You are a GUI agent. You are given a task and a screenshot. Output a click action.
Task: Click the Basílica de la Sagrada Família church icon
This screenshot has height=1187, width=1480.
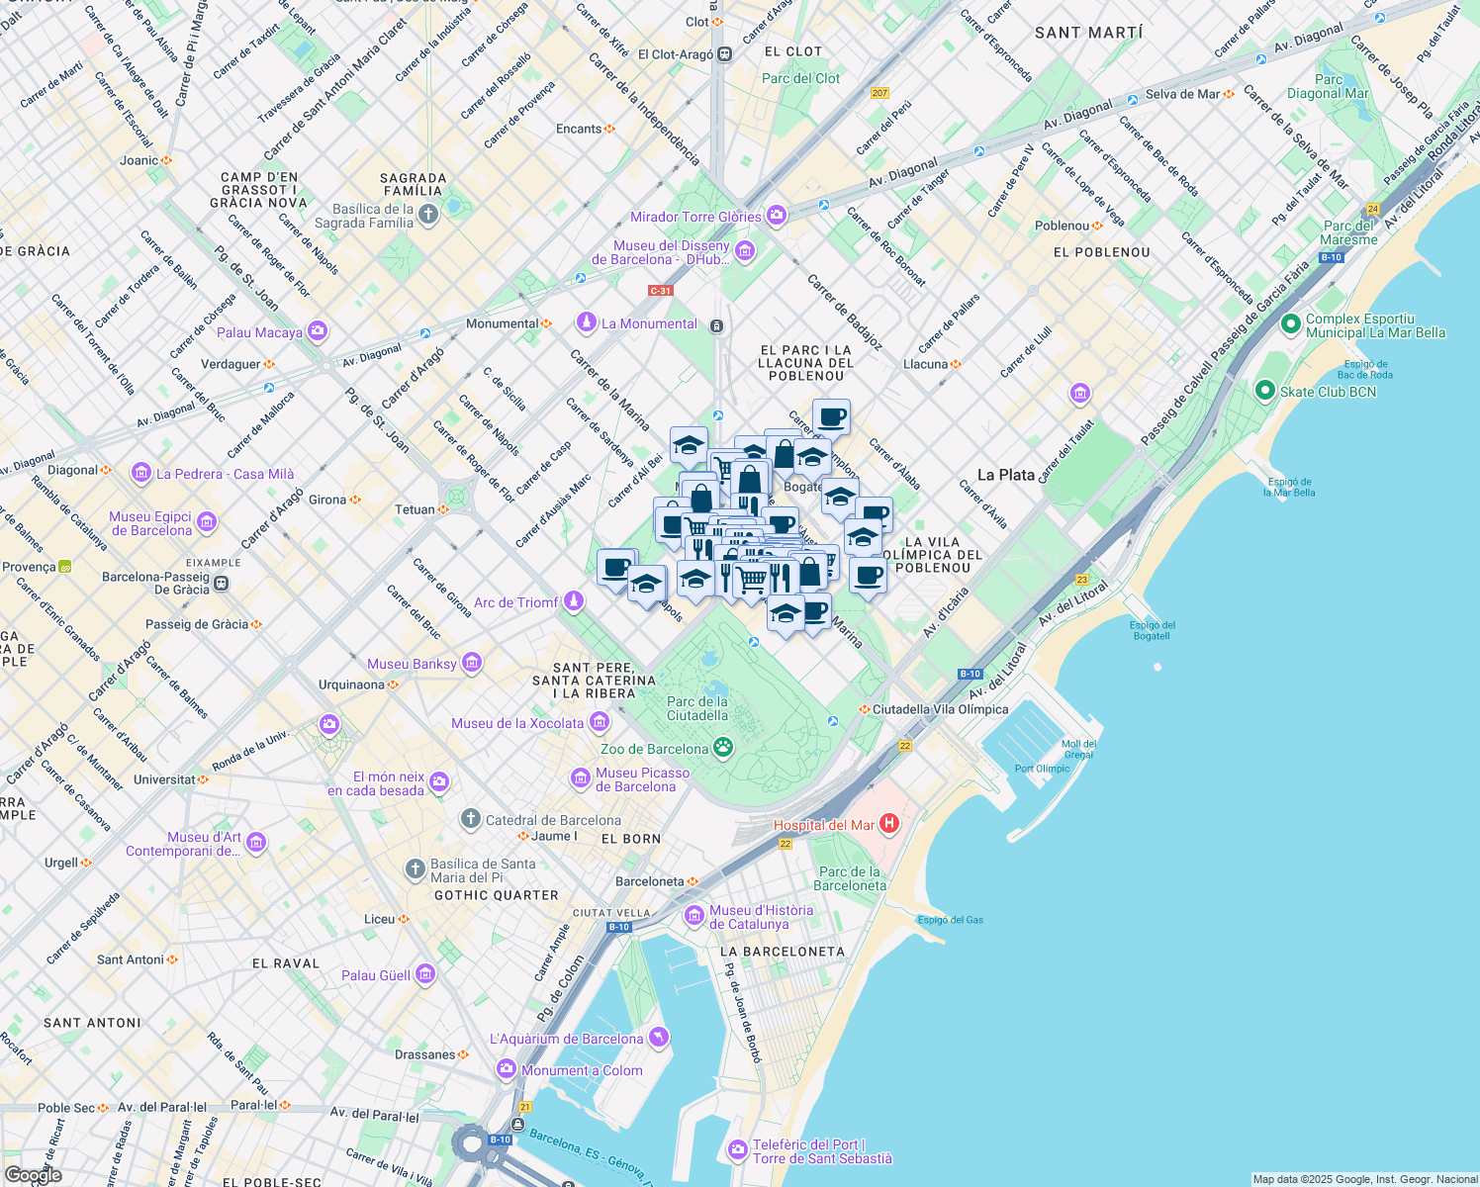pos(427,215)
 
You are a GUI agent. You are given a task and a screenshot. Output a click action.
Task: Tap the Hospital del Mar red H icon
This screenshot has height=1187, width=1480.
pos(888,823)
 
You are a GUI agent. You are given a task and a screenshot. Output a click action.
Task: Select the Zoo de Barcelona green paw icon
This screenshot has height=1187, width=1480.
pos(723,748)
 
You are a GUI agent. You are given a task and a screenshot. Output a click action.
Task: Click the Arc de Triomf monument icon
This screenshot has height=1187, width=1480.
pos(574,601)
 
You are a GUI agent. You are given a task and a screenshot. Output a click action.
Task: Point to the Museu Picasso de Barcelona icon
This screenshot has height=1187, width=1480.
pos(581,779)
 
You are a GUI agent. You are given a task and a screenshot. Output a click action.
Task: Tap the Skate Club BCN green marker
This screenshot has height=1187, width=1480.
pos(1264,391)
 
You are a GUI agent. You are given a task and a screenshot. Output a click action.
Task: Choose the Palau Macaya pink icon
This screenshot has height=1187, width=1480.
pos(318,331)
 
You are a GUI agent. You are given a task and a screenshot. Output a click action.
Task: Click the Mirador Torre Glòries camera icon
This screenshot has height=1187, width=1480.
pos(777,216)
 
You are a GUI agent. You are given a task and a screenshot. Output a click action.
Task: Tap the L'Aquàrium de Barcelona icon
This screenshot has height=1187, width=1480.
pos(659,1038)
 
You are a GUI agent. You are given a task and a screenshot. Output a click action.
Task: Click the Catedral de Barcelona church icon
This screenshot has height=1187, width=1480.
pos(471,819)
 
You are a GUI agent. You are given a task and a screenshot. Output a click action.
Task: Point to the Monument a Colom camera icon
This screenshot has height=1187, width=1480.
pos(507,1069)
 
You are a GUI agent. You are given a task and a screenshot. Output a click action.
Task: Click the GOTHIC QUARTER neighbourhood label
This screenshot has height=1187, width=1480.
pos(497,895)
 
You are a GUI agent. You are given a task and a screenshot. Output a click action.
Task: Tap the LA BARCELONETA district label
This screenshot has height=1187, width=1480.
pos(783,952)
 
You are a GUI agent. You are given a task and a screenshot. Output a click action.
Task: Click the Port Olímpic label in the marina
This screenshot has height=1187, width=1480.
pos(1042,769)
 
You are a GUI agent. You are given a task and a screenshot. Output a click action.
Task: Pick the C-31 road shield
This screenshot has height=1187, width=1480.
pos(660,291)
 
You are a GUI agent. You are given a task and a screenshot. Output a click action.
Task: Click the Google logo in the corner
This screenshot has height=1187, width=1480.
pos(33,1175)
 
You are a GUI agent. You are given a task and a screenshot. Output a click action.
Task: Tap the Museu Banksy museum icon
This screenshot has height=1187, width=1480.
pos(472,663)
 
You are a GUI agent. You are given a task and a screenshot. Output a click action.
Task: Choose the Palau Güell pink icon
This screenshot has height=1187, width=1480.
pos(425,974)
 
